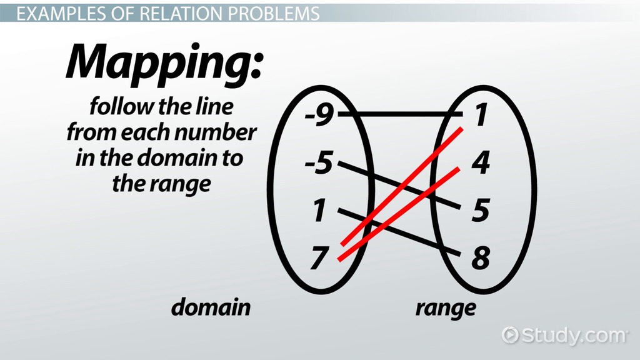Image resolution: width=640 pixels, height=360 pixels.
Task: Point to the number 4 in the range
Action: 479,164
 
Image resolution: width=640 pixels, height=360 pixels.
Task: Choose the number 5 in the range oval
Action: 479,211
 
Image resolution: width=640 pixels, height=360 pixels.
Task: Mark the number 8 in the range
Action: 479,257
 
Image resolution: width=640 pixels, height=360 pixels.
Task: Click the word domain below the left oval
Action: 211,307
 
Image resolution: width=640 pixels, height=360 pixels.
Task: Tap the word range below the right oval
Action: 446,307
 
